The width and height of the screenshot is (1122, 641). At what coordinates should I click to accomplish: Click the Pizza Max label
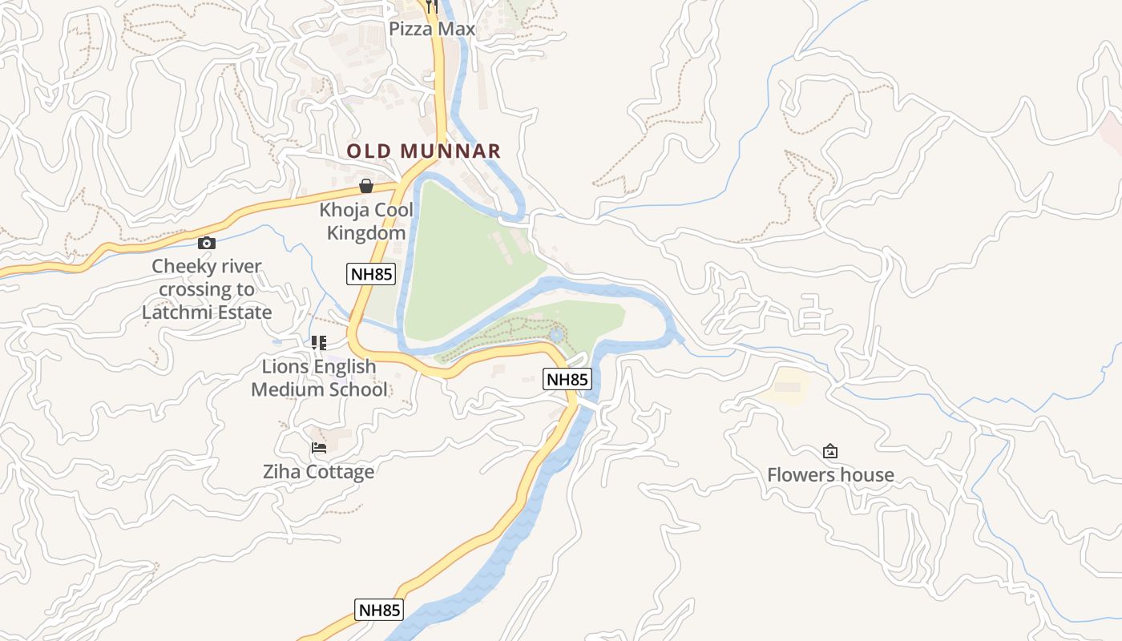pyautogui.click(x=432, y=29)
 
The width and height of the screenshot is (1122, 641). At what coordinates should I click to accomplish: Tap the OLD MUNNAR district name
pyautogui.click(x=423, y=151)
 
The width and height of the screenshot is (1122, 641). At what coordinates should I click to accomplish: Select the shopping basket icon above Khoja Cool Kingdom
pyautogui.click(x=366, y=187)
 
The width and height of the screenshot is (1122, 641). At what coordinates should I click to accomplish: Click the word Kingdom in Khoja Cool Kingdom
pyautogui.click(x=366, y=233)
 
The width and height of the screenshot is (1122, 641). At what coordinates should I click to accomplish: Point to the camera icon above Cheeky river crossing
pyautogui.click(x=207, y=243)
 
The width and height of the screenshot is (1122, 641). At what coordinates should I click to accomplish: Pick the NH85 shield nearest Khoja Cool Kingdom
pyautogui.click(x=371, y=274)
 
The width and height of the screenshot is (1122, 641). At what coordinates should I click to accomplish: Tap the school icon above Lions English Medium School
pyautogui.click(x=319, y=343)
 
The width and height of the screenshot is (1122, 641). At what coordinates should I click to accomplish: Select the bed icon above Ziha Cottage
pyautogui.click(x=319, y=448)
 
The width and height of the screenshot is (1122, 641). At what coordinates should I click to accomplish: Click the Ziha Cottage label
pyautogui.click(x=318, y=471)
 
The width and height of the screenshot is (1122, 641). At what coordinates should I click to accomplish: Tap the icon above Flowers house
pyautogui.click(x=830, y=451)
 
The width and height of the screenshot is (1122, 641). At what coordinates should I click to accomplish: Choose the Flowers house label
pyautogui.click(x=830, y=474)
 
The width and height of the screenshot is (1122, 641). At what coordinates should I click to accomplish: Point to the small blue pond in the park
pyautogui.click(x=556, y=334)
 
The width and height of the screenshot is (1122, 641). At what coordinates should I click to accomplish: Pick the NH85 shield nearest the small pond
pyautogui.click(x=567, y=379)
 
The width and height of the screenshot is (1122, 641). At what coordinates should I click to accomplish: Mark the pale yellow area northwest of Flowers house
pyautogui.click(x=785, y=386)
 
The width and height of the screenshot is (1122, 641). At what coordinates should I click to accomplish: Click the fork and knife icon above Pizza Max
pyautogui.click(x=432, y=7)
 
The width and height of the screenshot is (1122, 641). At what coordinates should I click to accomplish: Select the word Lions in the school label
pyautogui.click(x=285, y=366)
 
